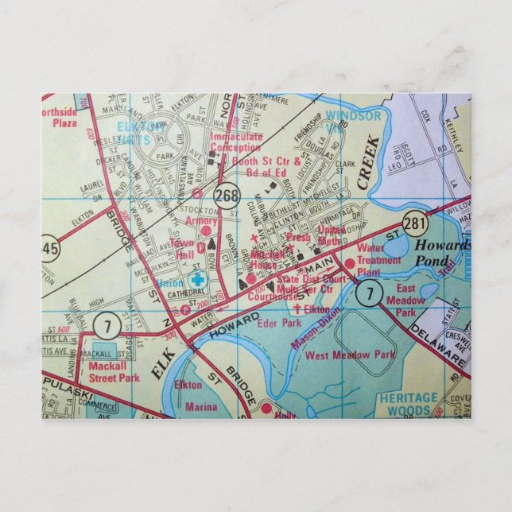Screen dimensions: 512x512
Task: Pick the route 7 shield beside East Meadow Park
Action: pos(368,294)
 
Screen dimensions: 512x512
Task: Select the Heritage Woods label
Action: pos(409,403)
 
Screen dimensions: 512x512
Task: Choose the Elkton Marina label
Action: pos(198,395)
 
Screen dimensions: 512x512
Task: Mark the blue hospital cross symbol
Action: pos(197,280)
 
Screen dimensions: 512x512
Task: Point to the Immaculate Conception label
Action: pos(236,141)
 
